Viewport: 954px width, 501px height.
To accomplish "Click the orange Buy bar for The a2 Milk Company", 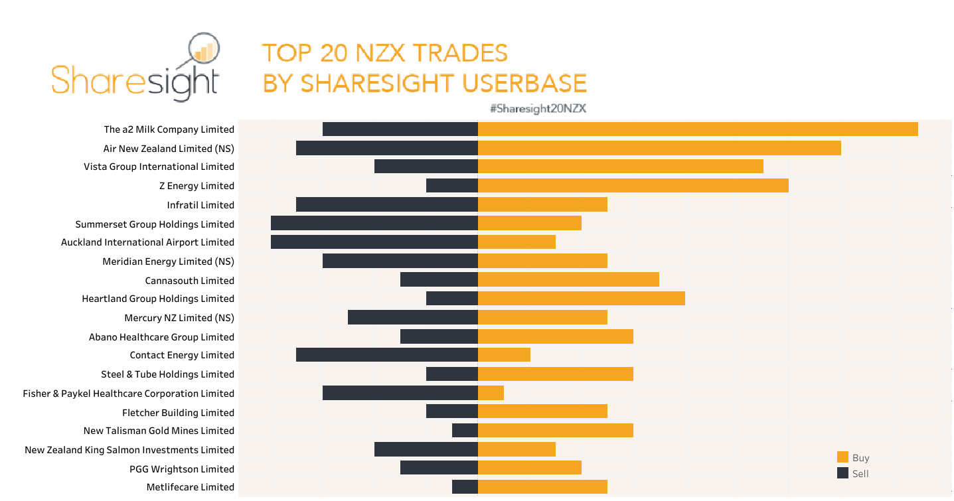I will (x=698, y=129).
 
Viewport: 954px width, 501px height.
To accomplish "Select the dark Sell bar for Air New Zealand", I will (x=387, y=148).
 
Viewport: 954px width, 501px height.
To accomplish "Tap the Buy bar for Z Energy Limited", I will (x=633, y=186).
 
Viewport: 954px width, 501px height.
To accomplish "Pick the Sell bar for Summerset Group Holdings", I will (x=374, y=223).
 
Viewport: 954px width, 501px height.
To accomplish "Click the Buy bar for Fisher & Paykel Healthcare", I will (x=491, y=393).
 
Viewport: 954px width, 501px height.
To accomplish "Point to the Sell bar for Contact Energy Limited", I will (x=387, y=355).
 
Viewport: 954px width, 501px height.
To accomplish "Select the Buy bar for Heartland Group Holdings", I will (x=582, y=299).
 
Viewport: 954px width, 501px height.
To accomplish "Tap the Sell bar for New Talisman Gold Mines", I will (x=465, y=431).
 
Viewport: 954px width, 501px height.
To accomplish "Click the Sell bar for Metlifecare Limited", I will (x=465, y=487).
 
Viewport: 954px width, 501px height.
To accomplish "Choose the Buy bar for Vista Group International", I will (x=621, y=167).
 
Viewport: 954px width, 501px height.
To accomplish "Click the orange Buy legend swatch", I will (x=843, y=457).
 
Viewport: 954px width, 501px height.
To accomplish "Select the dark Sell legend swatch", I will (x=843, y=473).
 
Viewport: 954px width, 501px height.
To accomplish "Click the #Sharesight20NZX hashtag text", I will (x=538, y=109).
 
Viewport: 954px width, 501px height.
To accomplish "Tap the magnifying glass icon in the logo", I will (x=204, y=52).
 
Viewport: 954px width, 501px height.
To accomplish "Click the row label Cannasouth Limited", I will (x=190, y=281).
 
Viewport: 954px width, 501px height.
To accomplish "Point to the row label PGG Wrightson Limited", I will (x=182, y=469).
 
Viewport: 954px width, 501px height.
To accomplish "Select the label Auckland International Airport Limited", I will (x=147, y=242).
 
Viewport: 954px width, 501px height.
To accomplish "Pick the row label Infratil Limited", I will (x=200, y=205).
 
